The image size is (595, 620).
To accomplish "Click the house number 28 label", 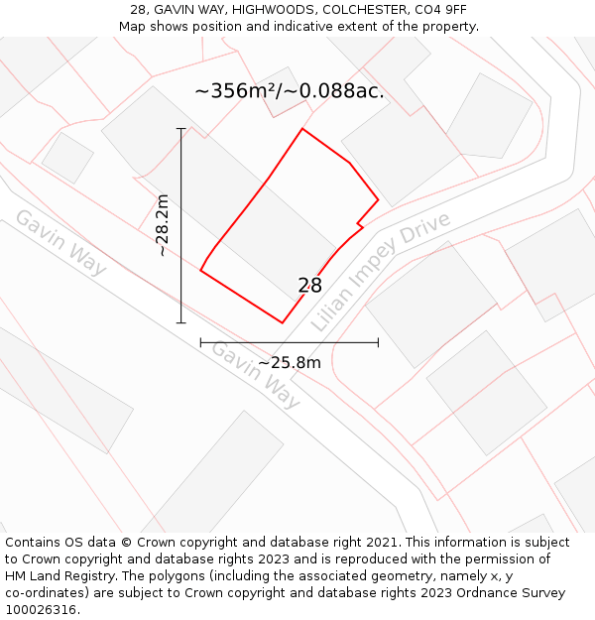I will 309,286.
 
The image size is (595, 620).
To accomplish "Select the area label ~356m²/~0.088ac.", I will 290,91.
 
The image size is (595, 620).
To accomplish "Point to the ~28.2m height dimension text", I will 163,225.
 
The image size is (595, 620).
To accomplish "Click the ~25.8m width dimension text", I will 290,363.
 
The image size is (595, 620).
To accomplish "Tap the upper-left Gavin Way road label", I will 60,243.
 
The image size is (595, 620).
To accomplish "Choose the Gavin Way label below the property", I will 255,374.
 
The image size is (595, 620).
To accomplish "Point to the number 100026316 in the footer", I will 40,610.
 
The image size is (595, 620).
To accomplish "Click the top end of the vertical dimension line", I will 180,128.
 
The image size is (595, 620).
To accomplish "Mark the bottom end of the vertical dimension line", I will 180,322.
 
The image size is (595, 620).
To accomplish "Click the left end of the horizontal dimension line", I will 201,343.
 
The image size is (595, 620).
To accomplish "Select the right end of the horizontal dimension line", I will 378,343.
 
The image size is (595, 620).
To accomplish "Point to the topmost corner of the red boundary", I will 302,129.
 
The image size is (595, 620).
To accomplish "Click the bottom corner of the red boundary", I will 283,322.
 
